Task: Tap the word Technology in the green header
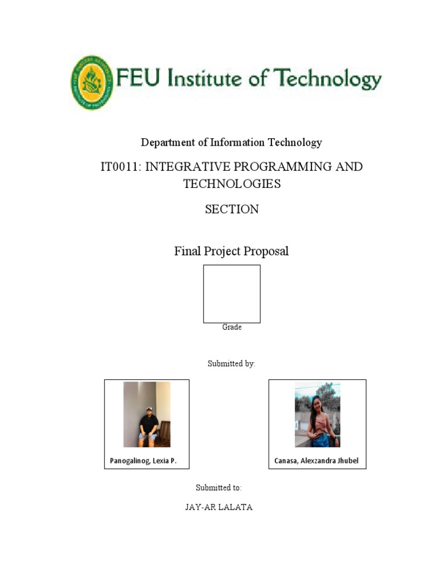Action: [332, 79]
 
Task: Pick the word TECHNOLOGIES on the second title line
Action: [232, 184]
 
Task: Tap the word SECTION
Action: [232, 209]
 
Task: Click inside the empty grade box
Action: [232, 294]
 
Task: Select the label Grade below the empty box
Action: [232, 327]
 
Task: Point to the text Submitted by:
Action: [232, 364]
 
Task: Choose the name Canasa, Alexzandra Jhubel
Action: [317, 460]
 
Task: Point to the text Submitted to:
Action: [218, 488]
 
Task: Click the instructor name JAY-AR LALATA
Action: [218, 507]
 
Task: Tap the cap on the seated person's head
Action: [149, 410]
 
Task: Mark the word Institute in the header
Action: [206, 79]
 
